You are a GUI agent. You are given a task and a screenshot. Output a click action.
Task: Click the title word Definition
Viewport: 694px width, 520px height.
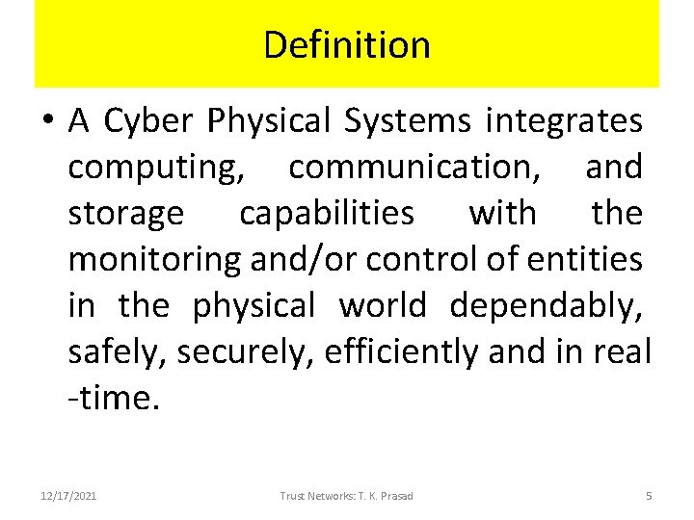347,44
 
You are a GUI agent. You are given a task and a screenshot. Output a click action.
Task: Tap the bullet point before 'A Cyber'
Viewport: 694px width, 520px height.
49,122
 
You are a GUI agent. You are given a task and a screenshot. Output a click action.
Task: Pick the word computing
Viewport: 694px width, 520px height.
153,168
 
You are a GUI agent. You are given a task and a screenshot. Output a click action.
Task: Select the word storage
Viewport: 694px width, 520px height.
125,213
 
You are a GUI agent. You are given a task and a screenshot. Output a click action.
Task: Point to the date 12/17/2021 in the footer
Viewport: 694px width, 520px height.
67,496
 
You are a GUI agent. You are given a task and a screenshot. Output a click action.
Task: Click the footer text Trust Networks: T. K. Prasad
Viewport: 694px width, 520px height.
346,496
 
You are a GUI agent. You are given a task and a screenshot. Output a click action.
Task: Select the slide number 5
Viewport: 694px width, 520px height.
649,496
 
